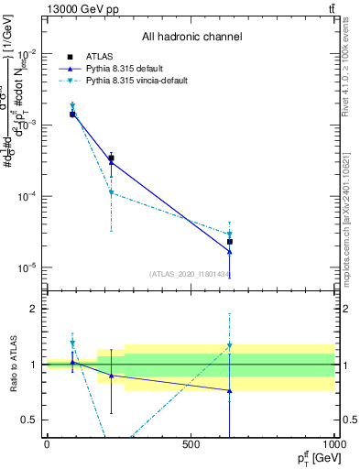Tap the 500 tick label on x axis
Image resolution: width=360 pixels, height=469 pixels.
point(191,444)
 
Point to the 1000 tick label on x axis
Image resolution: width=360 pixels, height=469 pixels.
point(333,444)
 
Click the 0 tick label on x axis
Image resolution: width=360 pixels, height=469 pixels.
point(47,444)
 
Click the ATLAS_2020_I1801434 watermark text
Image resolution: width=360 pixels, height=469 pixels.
point(190,274)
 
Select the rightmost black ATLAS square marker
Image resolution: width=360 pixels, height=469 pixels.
point(230,242)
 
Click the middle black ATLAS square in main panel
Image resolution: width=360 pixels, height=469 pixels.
point(111,158)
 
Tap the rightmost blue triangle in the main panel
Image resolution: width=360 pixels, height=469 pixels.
point(230,252)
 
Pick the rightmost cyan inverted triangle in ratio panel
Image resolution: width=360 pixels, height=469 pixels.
point(230,346)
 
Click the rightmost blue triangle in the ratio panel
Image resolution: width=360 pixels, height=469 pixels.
point(230,391)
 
